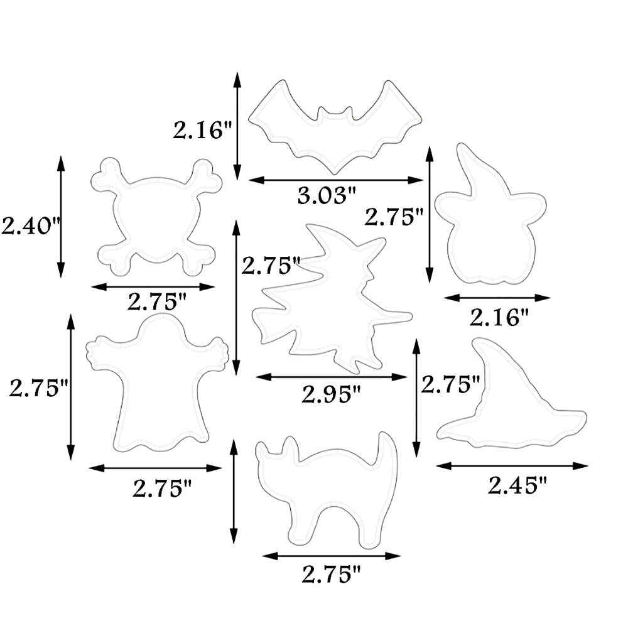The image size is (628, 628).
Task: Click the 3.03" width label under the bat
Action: pos(327,196)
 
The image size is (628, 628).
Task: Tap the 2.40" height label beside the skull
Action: pos(30,225)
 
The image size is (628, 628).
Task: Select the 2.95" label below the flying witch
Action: pos(331,394)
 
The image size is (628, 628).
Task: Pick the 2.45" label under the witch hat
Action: pos(517,485)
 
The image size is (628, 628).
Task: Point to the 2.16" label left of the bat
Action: pos(202,130)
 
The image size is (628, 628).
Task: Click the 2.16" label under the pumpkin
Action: pos(499,318)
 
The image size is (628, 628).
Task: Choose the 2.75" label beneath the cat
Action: pos(331,575)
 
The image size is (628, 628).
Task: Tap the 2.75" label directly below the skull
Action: pos(157,302)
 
